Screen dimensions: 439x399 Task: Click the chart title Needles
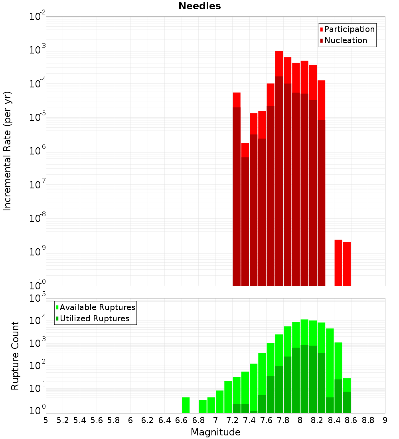pyautogui.click(x=199, y=6)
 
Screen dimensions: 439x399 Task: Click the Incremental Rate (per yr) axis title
pyautogui.click(x=8, y=151)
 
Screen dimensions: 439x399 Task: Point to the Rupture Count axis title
pyautogui.click(x=15, y=356)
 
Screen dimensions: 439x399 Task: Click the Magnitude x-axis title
pyautogui.click(x=215, y=432)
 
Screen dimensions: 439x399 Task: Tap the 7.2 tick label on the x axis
pyautogui.click(x=233, y=420)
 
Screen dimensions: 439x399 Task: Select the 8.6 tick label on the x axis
pyautogui.click(x=351, y=420)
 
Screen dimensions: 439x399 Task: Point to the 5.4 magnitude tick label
pyautogui.click(x=80, y=420)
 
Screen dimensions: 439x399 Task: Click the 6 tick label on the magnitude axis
pyautogui.click(x=130, y=420)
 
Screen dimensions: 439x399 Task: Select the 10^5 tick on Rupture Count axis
pyautogui.click(x=38, y=298)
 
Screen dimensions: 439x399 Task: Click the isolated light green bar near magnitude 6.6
pyautogui.click(x=186, y=405)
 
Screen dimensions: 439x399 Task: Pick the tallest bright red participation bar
pyautogui.click(x=279, y=64)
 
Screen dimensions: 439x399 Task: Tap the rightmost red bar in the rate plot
pyautogui.click(x=347, y=263)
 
